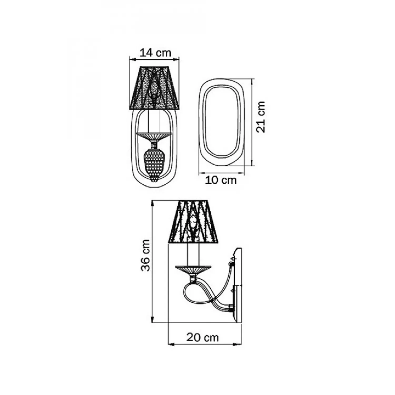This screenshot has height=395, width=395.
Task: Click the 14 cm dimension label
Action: coord(155,53)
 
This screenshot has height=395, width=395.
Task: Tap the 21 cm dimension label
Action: coord(261,117)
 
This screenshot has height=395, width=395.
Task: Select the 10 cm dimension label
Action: coord(221,180)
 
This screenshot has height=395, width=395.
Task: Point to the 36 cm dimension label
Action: coord(145,255)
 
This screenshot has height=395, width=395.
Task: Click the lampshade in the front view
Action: coord(154,88)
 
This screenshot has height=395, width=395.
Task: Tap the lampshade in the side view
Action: coord(194,221)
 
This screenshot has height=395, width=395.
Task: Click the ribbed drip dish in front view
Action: coord(154,137)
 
